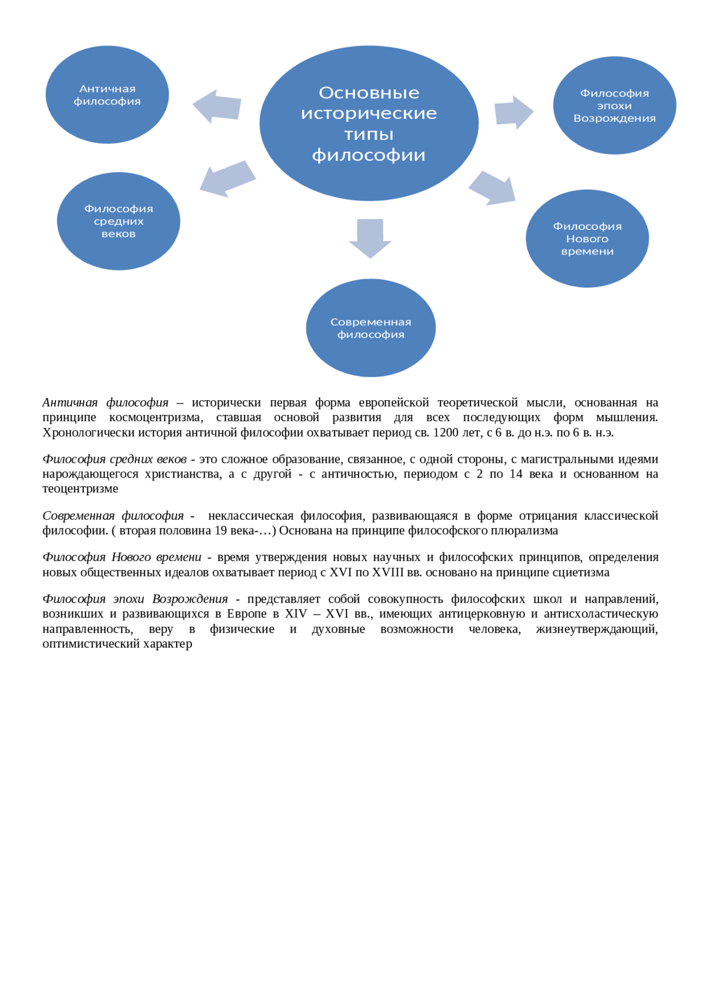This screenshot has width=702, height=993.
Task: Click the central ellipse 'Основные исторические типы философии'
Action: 369,123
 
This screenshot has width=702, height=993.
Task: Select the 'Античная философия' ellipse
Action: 107,95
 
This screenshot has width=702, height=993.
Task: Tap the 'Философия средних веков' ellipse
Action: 118,221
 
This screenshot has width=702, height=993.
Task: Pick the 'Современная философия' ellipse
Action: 371,328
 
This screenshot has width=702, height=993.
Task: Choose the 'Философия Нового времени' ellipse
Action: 587,239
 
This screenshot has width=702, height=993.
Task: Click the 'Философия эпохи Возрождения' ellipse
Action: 614,106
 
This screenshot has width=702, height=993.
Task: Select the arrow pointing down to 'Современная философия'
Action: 370,237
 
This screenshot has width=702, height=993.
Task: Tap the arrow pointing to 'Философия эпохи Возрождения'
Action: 513,112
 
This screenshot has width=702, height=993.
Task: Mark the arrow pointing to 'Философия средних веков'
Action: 227,179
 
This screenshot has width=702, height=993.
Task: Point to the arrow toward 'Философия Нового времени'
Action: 492,188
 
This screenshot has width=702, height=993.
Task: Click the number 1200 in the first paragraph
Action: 445,433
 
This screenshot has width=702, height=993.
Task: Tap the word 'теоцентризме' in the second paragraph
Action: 80,489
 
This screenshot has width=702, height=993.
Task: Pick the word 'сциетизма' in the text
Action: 582,572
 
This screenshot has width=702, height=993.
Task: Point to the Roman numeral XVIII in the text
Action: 388,572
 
